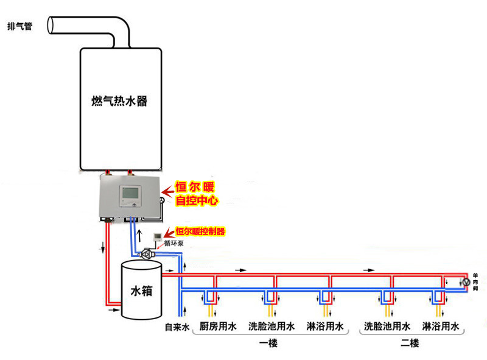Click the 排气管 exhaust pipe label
(x=19, y=27)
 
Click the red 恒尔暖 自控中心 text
(x=196, y=193)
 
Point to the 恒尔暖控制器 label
(x=200, y=231)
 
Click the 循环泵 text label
(x=173, y=244)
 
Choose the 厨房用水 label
(x=219, y=327)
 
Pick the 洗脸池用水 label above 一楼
(x=272, y=327)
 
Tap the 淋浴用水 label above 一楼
(x=324, y=327)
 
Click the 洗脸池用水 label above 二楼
(x=387, y=327)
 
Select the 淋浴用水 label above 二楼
(x=440, y=327)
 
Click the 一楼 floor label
(x=268, y=344)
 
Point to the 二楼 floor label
(x=410, y=344)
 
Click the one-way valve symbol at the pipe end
(x=466, y=282)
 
